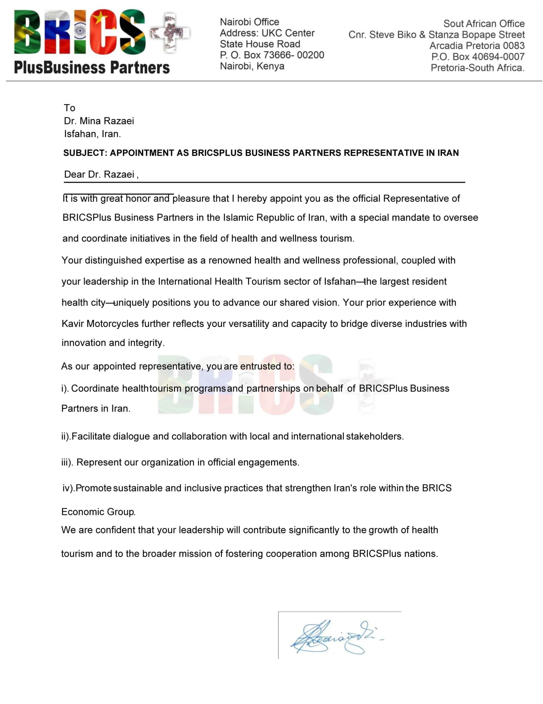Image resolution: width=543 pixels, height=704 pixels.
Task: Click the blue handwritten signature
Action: coord(335,638)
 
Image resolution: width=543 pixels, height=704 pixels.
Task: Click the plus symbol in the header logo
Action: coord(170,32)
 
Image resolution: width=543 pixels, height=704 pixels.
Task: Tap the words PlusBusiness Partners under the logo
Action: coord(92,68)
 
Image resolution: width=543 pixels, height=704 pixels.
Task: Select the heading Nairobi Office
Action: coord(250,22)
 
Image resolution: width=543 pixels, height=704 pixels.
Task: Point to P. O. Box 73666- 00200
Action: coord(272,55)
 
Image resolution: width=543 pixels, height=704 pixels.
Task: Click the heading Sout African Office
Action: coord(484,24)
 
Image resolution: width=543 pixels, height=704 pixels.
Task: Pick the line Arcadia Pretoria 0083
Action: coord(477,45)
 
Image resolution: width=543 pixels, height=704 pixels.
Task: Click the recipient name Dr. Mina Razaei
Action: coord(99,121)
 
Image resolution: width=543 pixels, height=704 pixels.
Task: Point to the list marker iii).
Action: coord(67,463)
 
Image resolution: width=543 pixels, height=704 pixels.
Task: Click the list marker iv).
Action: coord(69,488)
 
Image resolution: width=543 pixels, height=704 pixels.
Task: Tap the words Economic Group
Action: coord(98,512)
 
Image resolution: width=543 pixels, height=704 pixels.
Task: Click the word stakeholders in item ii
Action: coord(374,436)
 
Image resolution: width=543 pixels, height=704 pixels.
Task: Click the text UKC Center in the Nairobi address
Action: coord(288,33)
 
